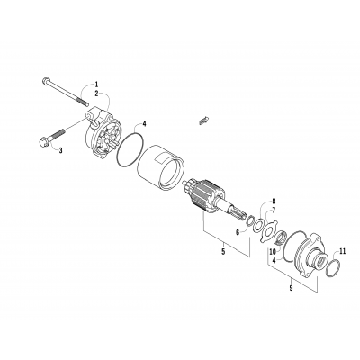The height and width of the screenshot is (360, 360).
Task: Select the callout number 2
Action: point(98,94)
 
